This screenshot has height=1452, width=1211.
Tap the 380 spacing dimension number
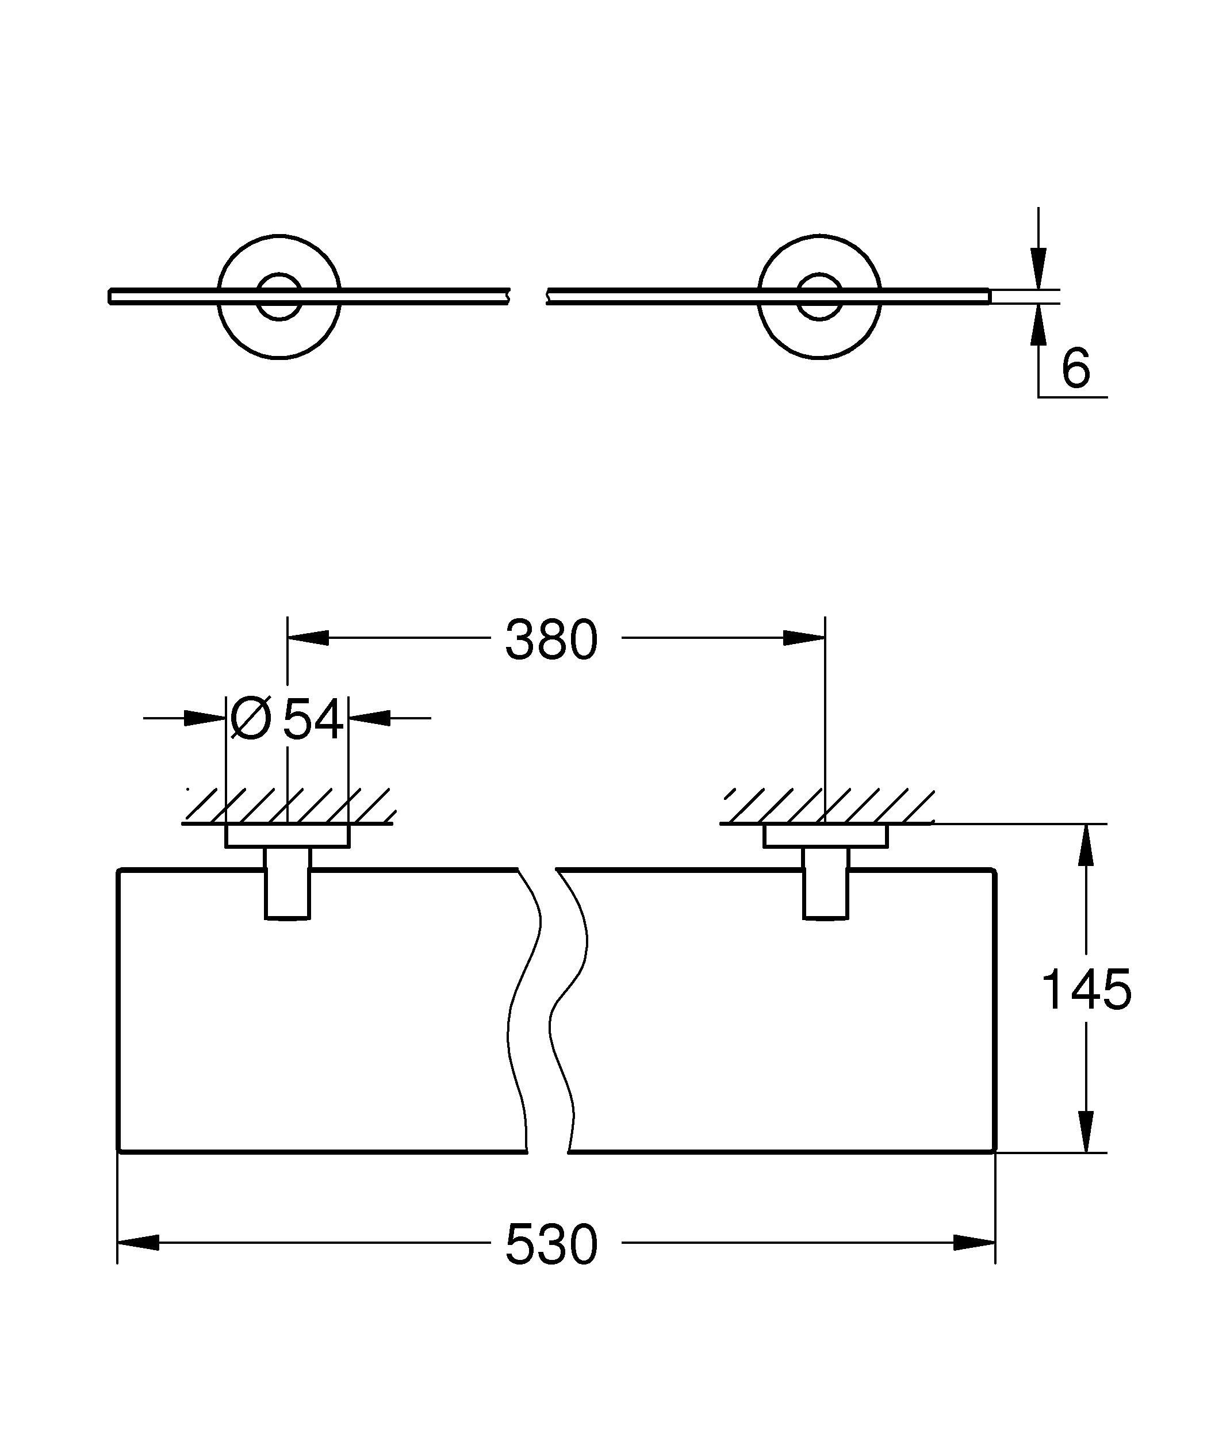click(551, 639)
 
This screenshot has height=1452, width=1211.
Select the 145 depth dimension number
click(1086, 990)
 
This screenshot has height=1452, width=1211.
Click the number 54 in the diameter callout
click(314, 718)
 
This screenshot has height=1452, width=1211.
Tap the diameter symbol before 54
click(250, 718)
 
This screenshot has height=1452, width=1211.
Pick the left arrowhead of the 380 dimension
click(308, 638)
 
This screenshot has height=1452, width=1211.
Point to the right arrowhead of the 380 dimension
click(804, 638)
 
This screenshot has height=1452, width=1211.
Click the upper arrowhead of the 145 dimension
click(1086, 845)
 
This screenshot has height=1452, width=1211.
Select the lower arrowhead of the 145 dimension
click(1086, 1131)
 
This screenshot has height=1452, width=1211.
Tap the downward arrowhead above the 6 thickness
click(1038, 269)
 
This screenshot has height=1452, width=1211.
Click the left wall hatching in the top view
click(289, 806)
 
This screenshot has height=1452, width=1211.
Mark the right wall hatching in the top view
click(827, 806)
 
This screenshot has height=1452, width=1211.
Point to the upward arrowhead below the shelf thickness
click(1038, 325)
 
